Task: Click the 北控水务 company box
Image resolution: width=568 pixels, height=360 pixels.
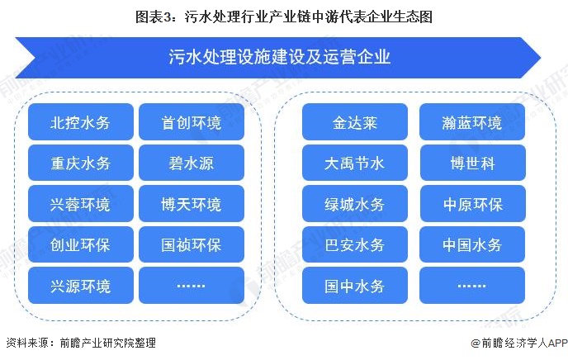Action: [x=81, y=122]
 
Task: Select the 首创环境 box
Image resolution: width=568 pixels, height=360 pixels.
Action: [x=192, y=122]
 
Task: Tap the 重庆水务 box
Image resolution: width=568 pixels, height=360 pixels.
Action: [x=81, y=163]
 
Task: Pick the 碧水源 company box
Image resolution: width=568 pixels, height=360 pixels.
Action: [x=192, y=163]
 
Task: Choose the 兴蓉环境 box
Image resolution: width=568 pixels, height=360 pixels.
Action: [x=81, y=204]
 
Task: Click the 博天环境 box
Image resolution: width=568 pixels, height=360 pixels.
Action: [x=192, y=204]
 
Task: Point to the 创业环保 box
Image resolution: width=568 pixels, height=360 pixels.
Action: [x=81, y=244]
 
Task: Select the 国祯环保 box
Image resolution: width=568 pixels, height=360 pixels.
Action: [x=192, y=244]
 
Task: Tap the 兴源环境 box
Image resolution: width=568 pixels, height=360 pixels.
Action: [x=81, y=286]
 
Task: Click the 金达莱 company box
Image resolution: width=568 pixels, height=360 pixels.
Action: [x=355, y=122]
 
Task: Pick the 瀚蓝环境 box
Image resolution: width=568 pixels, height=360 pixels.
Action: [x=472, y=122]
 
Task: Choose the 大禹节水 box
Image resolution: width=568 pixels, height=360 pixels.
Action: [x=355, y=163]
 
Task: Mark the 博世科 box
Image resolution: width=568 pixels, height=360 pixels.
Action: [x=472, y=163]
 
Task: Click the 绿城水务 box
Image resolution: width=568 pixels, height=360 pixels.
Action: [x=355, y=204]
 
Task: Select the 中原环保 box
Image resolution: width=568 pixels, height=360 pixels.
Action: [x=472, y=204]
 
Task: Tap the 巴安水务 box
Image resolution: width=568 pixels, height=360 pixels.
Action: [x=355, y=244]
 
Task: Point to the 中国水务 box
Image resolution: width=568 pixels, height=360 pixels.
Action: [x=472, y=244]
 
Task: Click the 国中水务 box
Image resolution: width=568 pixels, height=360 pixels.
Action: [x=355, y=286]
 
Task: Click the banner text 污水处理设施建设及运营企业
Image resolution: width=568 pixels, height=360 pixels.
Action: [x=279, y=57]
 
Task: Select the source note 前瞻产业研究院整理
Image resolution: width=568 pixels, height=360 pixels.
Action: [x=108, y=343]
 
